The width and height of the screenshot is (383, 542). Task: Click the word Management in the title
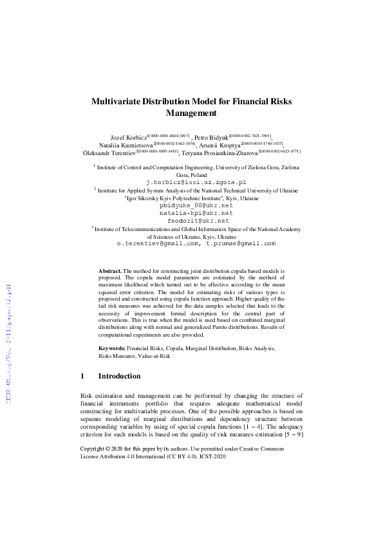(191, 113)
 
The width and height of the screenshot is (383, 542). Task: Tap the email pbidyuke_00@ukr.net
(194, 205)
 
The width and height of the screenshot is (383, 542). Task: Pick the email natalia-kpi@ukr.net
(196, 213)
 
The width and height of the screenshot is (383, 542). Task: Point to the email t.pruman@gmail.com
(241, 243)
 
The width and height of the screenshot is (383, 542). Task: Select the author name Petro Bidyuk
(211, 138)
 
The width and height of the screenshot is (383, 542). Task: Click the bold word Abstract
(109, 272)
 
